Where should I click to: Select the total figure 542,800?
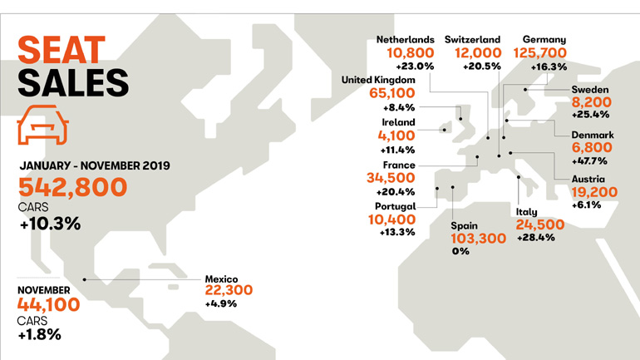(x=72, y=185)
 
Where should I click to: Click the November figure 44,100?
(x=48, y=303)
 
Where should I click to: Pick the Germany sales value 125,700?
(x=544, y=55)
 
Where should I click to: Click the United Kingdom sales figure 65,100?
(x=391, y=93)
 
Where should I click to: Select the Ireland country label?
(x=398, y=122)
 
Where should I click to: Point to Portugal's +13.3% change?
(x=391, y=232)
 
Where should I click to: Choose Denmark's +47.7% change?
(x=589, y=160)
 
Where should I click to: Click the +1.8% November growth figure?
(x=38, y=335)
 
